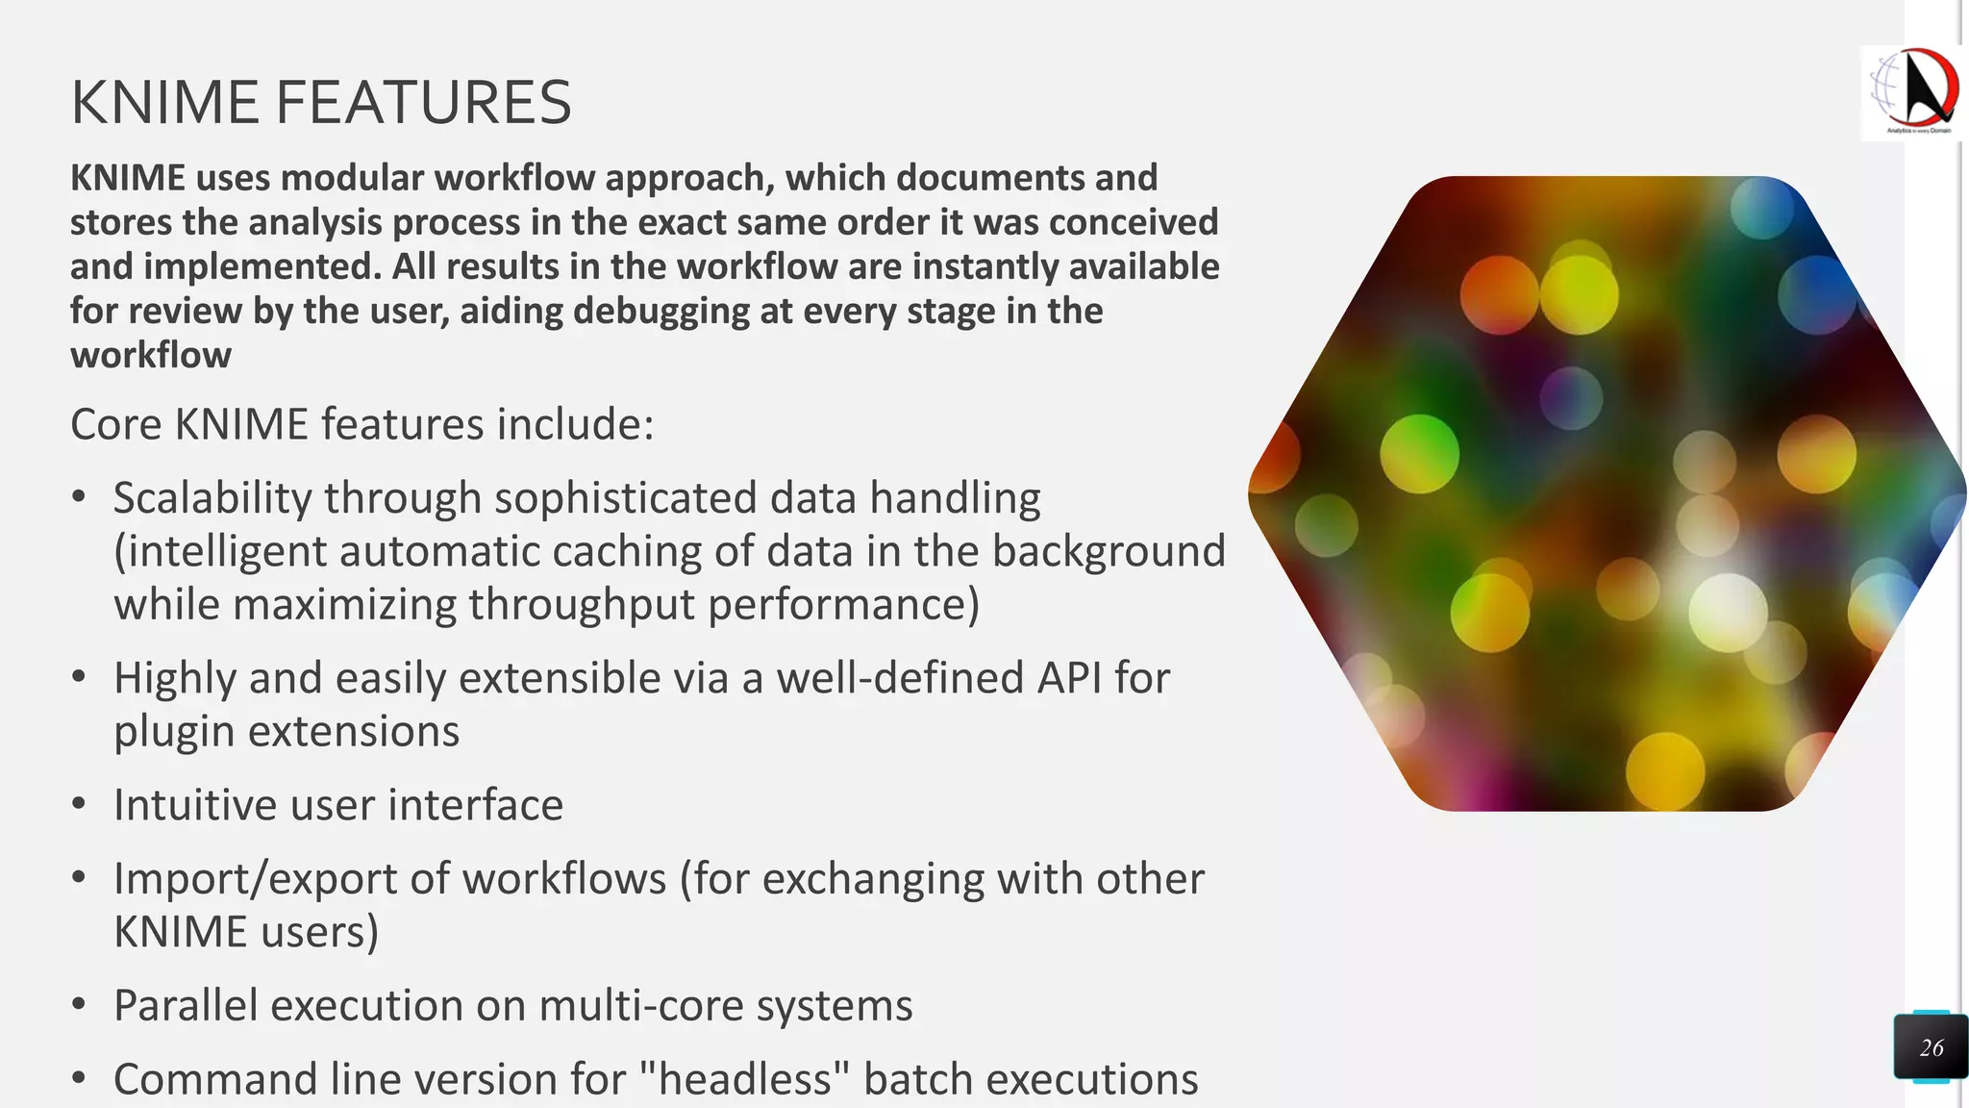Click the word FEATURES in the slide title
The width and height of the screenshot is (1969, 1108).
[x=423, y=103]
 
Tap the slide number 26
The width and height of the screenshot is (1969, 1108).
[x=1931, y=1047]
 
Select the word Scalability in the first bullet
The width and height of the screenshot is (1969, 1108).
[x=212, y=498]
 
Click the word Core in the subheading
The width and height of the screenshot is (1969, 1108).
[x=115, y=424]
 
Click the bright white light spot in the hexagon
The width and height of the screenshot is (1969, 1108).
[x=1727, y=612]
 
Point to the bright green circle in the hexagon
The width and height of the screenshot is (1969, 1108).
[x=1419, y=452]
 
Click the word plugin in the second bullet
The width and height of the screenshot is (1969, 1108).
[x=174, y=732]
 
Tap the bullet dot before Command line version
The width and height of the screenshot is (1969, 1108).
[x=79, y=1078]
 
